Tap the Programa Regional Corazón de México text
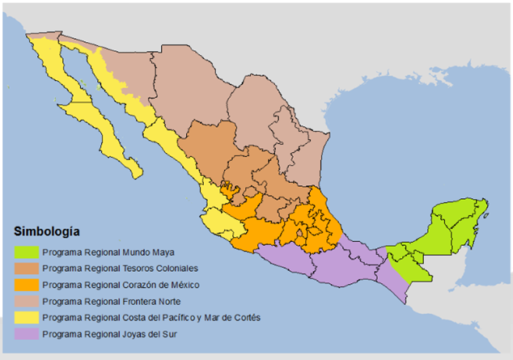121,285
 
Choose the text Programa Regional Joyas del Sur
110,333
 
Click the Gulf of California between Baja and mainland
113,105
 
